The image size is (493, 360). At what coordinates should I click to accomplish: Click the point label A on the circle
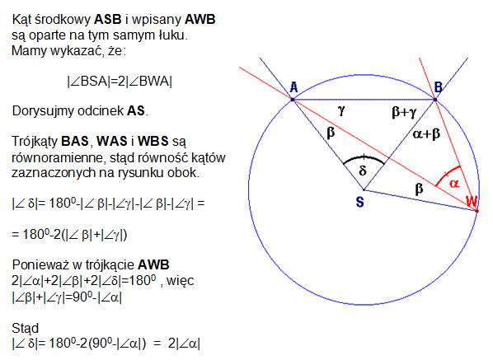[293, 86]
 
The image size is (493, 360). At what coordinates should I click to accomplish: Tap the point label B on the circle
[439, 86]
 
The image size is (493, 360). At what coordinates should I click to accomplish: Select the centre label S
[360, 202]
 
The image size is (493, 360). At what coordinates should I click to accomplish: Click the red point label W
[472, 201]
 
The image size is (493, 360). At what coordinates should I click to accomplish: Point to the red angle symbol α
[454, 183]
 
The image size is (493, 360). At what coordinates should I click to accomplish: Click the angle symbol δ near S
[363, 171]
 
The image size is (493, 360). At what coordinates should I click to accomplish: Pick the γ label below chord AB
[341, 110]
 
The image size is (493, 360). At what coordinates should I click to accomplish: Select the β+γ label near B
[404, 112]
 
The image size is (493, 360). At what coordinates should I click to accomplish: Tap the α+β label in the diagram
[426, 134]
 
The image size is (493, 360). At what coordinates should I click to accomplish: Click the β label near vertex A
[331, 133]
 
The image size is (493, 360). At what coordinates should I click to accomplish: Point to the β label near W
[419, 189]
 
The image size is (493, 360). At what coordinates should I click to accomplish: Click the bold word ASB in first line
[108, 20]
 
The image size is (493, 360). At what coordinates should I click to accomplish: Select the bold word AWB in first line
[200, 20]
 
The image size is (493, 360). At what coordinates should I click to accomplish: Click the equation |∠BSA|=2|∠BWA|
[120, 82]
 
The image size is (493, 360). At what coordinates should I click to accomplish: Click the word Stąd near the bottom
[26, 329]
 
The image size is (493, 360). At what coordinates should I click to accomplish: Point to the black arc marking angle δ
[364, 157]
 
